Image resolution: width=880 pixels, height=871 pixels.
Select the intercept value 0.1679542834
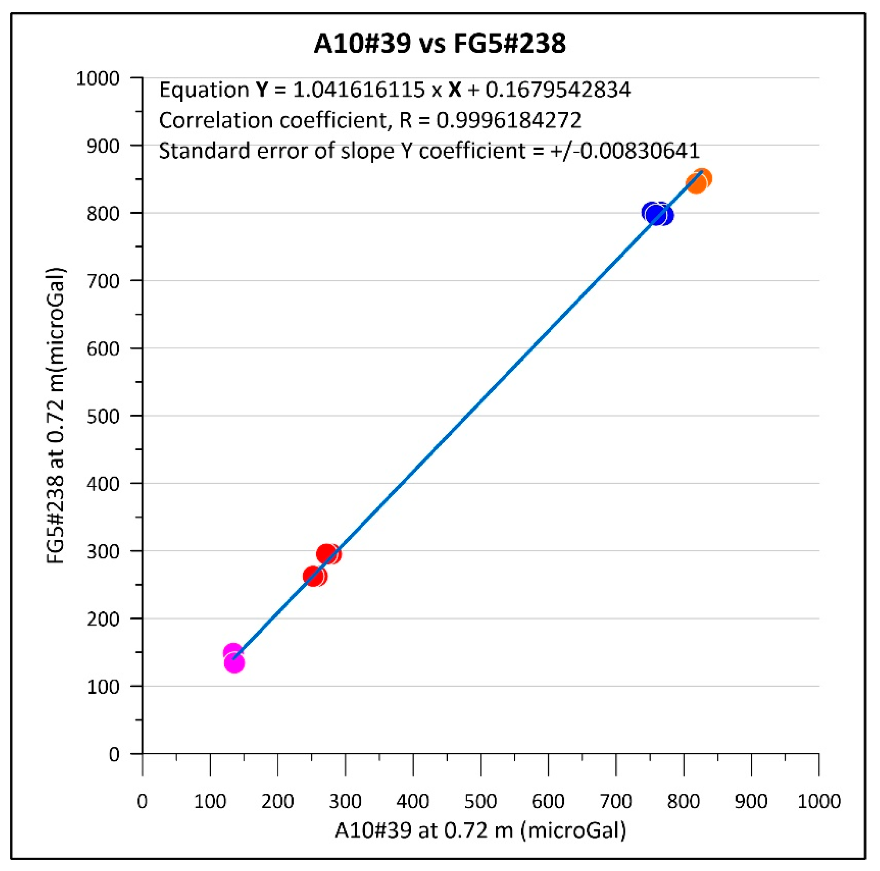tap(558, 90)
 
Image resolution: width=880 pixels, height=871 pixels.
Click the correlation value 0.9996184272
tap(509, 120)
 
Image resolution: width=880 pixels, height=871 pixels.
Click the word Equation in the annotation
tap(204, 90)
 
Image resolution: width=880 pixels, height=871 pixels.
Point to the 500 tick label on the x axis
tap(480, 801)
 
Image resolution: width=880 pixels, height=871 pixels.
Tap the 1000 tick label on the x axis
tap(818, 801)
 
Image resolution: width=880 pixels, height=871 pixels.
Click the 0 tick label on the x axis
tap(143, 801)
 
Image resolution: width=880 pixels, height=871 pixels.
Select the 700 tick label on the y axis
tap(103, 281)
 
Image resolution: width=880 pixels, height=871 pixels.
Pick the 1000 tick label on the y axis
tap(98, 79)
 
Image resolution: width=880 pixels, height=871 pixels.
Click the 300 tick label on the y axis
tap(103, 552)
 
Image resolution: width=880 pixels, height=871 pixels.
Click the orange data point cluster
tap(699, 181)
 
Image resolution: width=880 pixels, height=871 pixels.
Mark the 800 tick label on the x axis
tap(683, 801)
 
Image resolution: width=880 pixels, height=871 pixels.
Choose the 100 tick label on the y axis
tap(103, 687)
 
